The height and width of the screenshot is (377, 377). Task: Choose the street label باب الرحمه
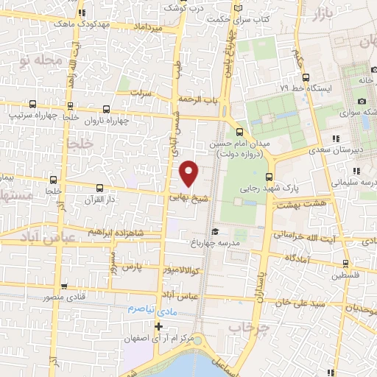coord(195,100)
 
